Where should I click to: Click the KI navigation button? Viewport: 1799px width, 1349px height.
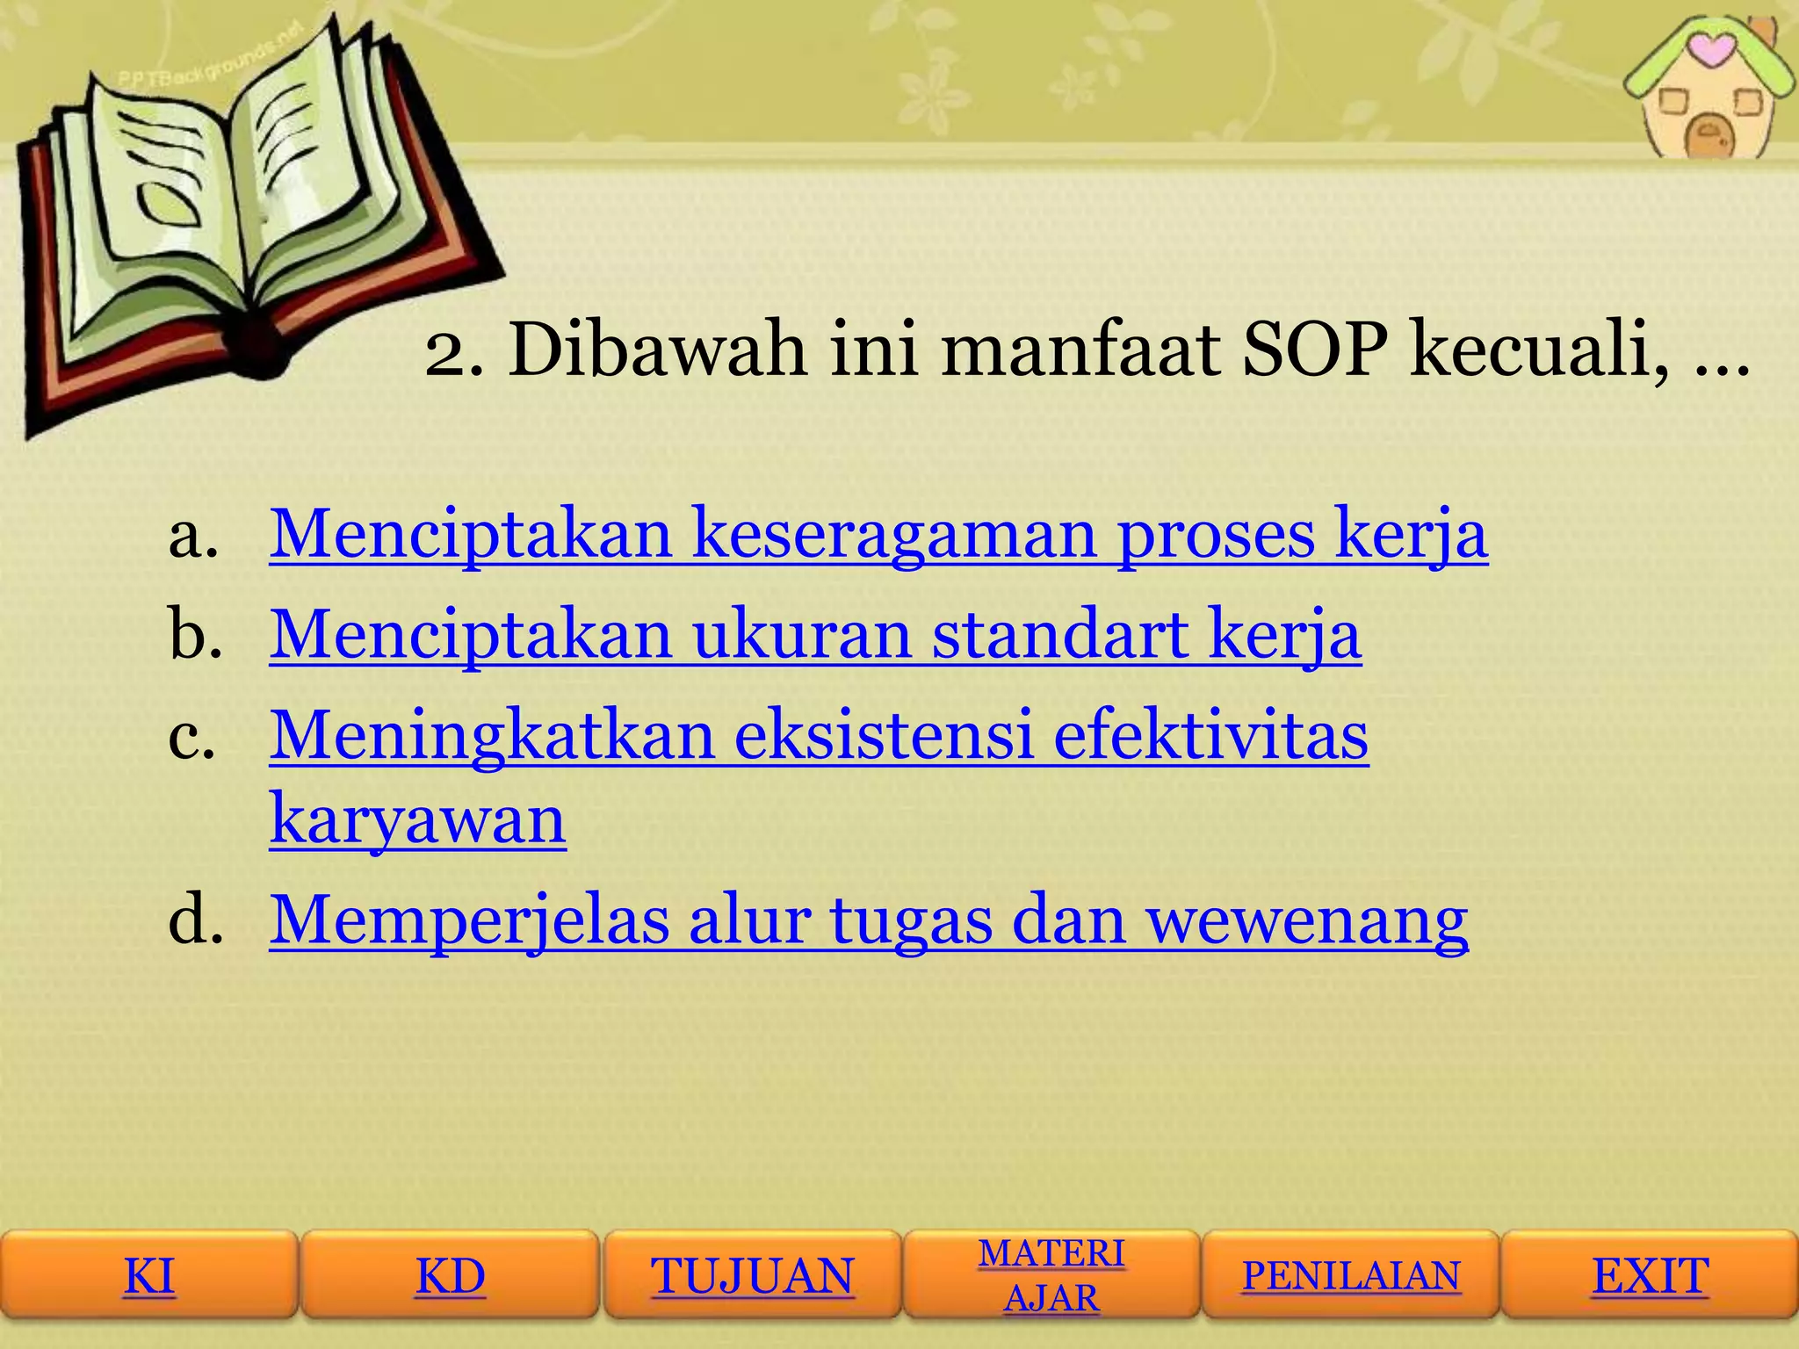coord(149,1275)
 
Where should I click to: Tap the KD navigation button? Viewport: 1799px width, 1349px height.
coord(450,1275)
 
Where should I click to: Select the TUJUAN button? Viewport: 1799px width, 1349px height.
coord(752,1275)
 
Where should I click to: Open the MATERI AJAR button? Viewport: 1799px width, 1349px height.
coord(1051,1275)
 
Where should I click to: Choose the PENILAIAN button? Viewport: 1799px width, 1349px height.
coord(1350,1275)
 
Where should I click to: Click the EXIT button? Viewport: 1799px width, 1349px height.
coord(1651,1275)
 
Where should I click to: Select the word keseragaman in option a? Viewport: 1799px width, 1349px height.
coord(894,534)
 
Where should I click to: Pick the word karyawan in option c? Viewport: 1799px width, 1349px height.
coord(417,819)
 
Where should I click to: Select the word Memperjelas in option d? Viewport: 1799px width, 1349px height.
coord(469,920)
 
